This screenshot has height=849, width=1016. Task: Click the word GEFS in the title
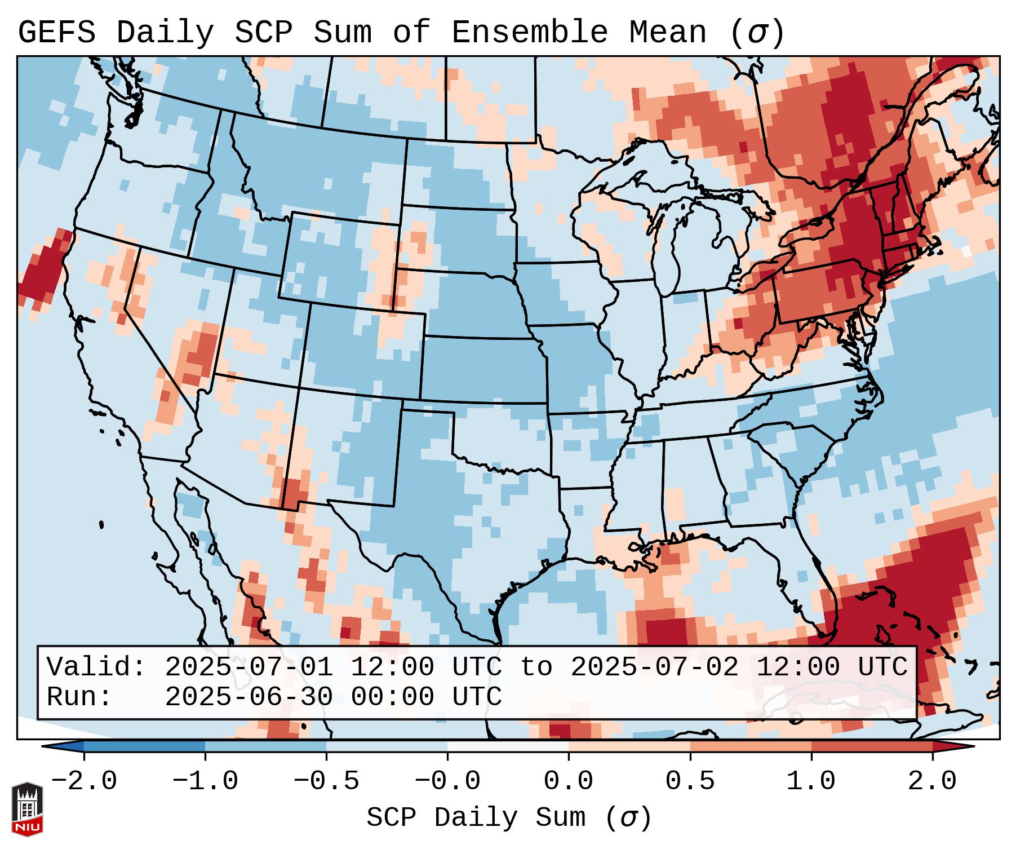pyautogui.click(x=56, y=33)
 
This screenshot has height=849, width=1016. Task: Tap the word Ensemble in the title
pyautogui.click(x=530, y=33)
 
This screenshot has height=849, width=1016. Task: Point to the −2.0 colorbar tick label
pyautogui.click(x=84, y=781)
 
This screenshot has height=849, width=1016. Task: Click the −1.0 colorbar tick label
pyautogui.click(x=205, y=781)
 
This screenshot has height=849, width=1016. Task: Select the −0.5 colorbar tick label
pyautogui.click(x=326, y=781)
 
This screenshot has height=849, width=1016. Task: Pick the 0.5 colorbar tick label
pyautogui.click(x=690, y=781)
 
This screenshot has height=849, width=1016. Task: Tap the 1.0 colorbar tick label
pyautogui.click(x=811, y=781)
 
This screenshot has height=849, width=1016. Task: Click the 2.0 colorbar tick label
pyautogui.click(x=933, y=781)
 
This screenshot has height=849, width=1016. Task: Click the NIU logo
pyautogui.click(x=27, y=809)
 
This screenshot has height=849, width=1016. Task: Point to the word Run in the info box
pyautogui.click(x=79, y=697)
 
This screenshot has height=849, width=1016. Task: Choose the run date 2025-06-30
pyautogui.click(x=249, y=697)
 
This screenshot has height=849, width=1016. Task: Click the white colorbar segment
pyautogui.click(x=508, y=746)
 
